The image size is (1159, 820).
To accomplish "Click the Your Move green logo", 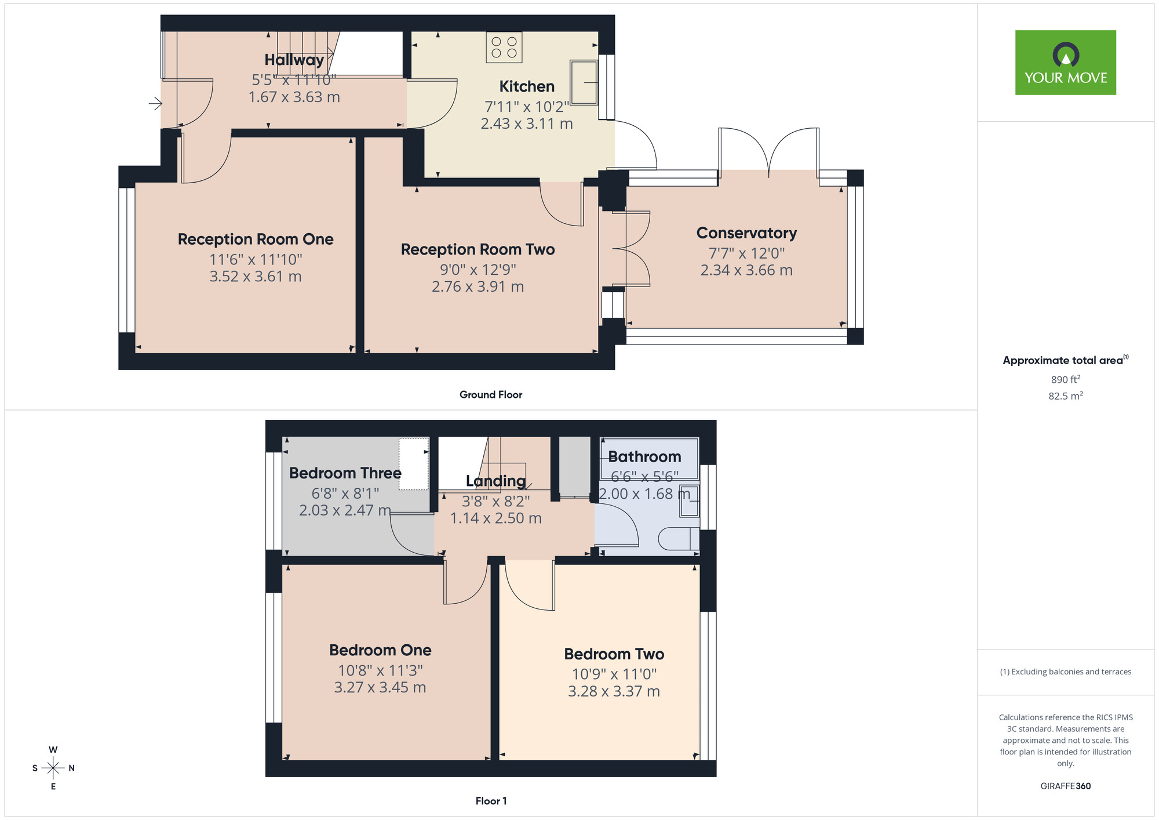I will point(1065,63).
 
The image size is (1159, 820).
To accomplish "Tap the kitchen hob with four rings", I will point(504,48).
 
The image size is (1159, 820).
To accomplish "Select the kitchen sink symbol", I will point(584,82).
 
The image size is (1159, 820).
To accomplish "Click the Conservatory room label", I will point(746,233).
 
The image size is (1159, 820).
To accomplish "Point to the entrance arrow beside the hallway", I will point(155,104).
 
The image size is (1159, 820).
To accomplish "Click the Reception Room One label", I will point(256,240).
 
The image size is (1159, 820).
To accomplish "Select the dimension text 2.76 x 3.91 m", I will point(478,286).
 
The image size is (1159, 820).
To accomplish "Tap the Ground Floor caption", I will point(490,395).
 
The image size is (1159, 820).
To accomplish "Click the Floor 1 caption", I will point(491,801).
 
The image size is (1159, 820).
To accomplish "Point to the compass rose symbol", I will point(53,768).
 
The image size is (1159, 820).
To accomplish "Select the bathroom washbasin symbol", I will point(689,500).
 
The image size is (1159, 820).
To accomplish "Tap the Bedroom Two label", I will point(614,654).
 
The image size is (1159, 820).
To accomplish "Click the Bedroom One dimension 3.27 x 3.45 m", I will point(380,688).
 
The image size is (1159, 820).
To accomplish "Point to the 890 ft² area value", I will point(1065,379).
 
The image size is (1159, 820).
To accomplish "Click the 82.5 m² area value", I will point(1065,396).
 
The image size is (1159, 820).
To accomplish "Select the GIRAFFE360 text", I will point(1065,786).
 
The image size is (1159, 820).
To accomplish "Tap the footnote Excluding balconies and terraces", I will point(1065,672).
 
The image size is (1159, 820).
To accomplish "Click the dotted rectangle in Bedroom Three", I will point(413,464).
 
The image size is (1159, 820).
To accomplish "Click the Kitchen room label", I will point(527,86).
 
